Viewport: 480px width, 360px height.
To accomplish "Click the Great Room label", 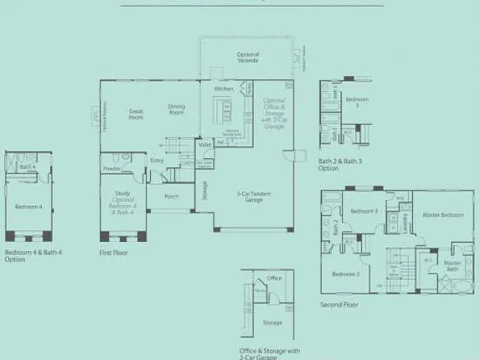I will (136, 113).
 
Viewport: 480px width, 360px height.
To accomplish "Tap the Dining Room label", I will (177, 110).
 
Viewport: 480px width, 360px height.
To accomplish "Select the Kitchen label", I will (224, 89).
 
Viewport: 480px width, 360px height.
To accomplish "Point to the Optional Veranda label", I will (248, 58).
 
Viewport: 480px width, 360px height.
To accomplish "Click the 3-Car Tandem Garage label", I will (254, 197).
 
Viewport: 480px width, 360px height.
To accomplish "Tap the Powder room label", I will (112, 169).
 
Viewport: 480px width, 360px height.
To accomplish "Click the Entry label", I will (157, 160).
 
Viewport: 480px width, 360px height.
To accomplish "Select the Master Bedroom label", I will (443, 215).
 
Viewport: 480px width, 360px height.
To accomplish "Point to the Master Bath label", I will (452, 266).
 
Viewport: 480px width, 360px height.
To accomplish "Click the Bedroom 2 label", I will (346, 274).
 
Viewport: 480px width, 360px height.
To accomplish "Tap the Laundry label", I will (405, 222).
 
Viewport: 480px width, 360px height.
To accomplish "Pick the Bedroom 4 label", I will (28, 206).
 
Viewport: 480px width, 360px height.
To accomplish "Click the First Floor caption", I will (114, 253).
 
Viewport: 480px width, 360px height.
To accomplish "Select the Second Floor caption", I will (339, 304).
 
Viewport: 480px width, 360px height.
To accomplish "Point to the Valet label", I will (204, 145).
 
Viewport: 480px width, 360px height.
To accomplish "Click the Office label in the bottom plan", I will (274, 278).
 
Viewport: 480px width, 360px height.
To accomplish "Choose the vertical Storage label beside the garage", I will (204, 193).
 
